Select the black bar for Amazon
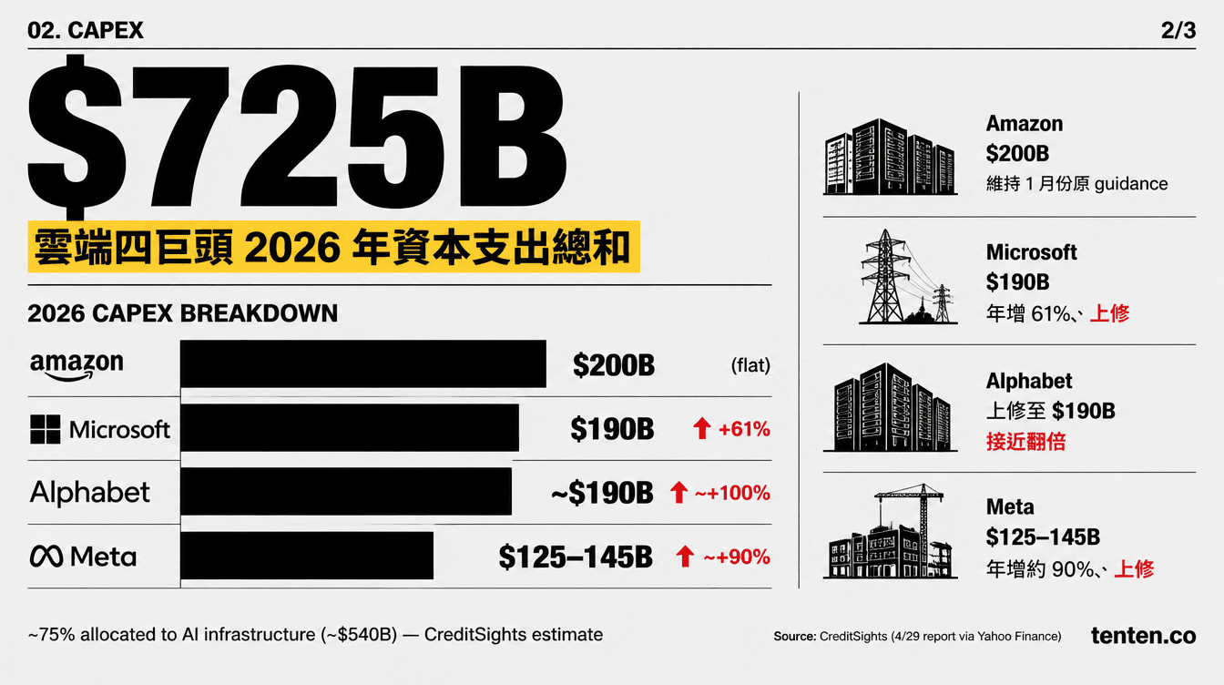tap(363, 364)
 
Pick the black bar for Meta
tap(307, 556)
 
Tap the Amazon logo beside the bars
tap(76, 366)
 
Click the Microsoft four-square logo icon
tap(46, 429)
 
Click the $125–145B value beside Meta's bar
tap(576, 557)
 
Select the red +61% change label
tap(744, 429)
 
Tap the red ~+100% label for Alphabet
tap(731, 493)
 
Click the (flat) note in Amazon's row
tap(750, 366)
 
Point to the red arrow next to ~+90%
tap(683, 557)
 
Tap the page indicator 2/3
tap(1178, 30)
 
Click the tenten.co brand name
tap(1143, 636)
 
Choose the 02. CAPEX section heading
tap(86, 30)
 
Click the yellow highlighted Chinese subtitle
tap(331, 246)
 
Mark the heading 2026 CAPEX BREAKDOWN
tap(183, 313)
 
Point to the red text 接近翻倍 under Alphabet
tap(1025, 442)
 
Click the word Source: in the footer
tap(794, 637)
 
